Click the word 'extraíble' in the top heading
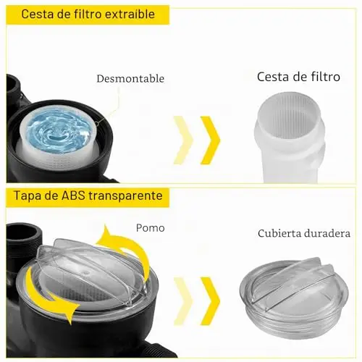[x=130, y=14]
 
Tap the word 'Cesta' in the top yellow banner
[x=38, y=14]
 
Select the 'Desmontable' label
[x=130, y=79]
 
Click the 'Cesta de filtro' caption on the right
[x=298, y=77]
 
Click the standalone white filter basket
[x=290, y=137]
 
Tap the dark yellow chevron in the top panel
[x=210, y=140]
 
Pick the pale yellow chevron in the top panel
[x=183, y=140]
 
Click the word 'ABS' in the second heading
[x=73, y=195]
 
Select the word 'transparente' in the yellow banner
[x=125, y=196]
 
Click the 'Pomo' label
[x=150, y=228]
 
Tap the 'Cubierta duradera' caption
[x=304, y=234]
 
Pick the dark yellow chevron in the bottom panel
[x=210, y=301]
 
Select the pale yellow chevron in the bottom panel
[x=183, y=301]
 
